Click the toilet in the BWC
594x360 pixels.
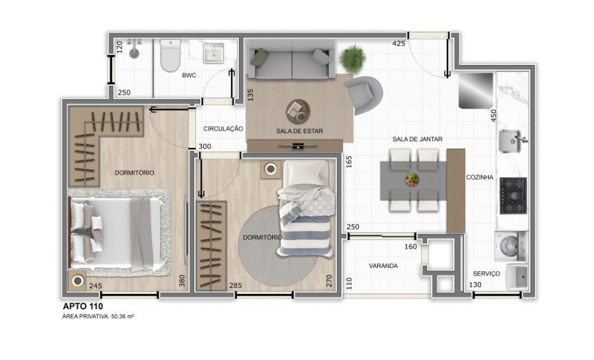click(x=170, y=56)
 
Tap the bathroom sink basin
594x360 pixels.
click(x=213, y=53)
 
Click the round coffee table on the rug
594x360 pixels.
click(x=298, y=111)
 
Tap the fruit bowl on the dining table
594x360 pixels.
click(x=412, y=180)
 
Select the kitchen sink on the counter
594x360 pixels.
click(x=512, y=140)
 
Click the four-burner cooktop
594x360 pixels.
click(x=513, y=195)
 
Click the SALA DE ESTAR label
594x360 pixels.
click(x=299, y=131)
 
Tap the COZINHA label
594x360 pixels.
click(x=480, y=177)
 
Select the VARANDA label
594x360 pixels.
click(x=383, y=266)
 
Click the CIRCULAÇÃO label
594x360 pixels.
click(x=223, y=129)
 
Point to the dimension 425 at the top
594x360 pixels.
click(x=399, y=44)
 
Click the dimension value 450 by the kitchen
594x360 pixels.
click(x=493, y=115)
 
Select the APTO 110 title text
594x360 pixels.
click(x=82, y=306)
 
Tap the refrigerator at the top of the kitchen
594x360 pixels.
click(x=476, y=91)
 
